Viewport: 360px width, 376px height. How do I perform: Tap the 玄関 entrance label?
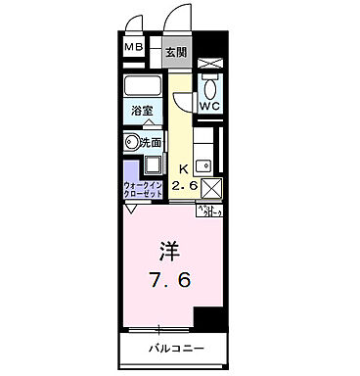[x=175, y=51]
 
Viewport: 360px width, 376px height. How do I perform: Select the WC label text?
[x=209, y=103]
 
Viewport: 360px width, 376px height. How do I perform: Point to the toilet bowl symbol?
[x=209, y=83]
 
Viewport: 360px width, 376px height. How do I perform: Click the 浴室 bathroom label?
[x=141, y=110]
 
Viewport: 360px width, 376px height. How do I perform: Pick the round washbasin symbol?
[x=133, y=141]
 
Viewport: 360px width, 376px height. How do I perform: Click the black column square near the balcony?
[x=207, y=319]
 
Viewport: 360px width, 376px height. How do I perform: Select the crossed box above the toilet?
[x=210, y=62]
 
